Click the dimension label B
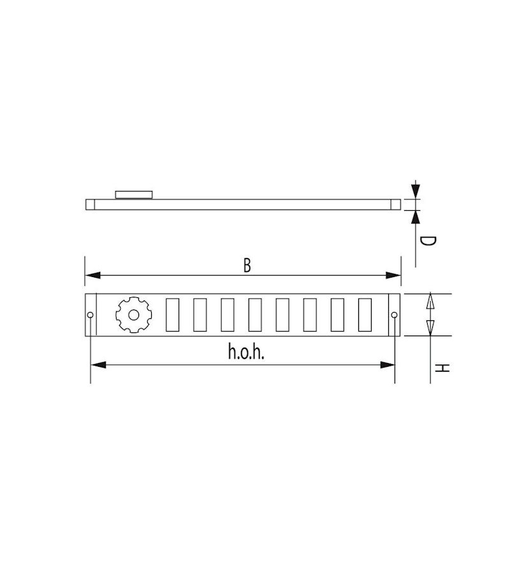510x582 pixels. tap(247, 266)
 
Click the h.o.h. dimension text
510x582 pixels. tap(245, 353)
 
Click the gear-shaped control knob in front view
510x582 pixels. tap(133, 315)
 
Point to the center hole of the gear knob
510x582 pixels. tap(133, 315)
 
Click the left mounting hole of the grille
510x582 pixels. tap(91, 315)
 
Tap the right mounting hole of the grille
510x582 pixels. tap(395, 315)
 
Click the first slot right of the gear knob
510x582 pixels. tap(172, 315)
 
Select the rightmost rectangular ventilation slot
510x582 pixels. tap(365, 315)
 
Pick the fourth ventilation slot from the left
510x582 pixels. tap(255, 315)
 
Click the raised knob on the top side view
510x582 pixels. tap(134, 194)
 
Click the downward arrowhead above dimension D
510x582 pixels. tap(416, 191)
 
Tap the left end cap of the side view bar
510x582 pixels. tap(90, 204)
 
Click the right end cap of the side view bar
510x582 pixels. tap(396, 204)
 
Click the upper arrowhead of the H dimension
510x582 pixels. tap(430, 301)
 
